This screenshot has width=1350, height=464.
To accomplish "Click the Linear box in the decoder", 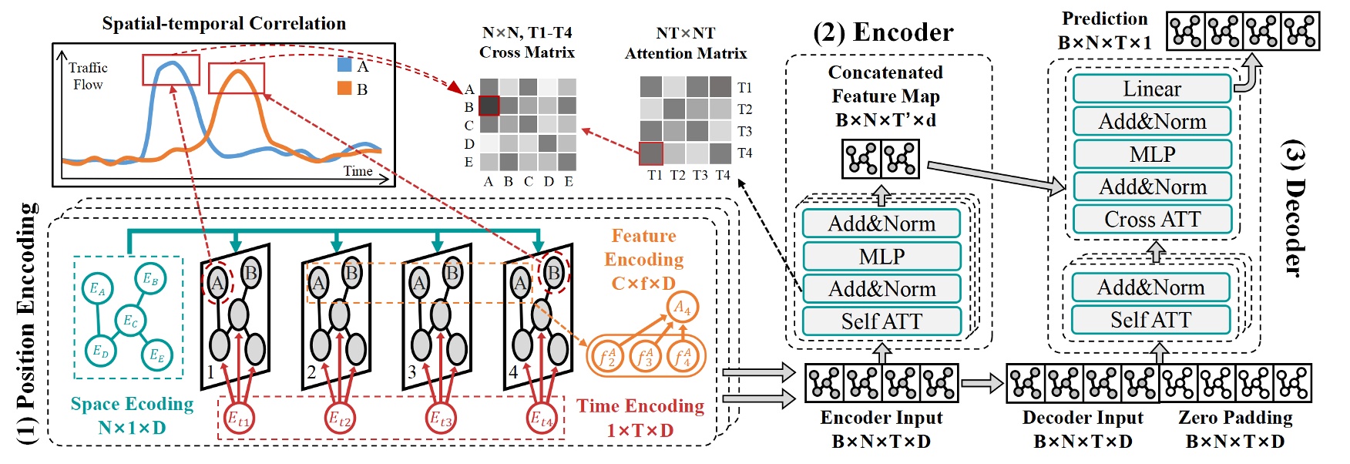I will [1151, 89].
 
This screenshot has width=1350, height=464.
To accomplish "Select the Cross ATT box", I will [1151, 220].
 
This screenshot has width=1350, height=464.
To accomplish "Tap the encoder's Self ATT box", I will [882, 321].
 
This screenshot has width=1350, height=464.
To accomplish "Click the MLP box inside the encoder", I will [882, 256].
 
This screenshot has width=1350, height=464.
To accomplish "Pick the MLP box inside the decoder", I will [1151, 154].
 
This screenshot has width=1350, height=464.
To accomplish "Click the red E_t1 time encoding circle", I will [238, 419].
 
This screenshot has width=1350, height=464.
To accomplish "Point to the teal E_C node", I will [130, 320].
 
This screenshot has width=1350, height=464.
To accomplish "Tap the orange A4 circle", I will [682, 308].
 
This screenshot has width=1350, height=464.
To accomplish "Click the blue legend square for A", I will [344, 65].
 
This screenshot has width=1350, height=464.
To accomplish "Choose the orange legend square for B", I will [344, 88].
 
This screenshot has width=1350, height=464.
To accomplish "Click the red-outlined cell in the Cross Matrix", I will [489, 106].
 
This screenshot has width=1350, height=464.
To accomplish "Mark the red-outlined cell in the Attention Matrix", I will [651, 153].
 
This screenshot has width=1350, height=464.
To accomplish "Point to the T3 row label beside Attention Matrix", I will [744, 131].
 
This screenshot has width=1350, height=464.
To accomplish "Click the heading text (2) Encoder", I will [883, 32].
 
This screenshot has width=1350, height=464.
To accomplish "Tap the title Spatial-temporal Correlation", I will [223, 24].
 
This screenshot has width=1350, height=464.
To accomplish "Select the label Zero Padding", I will [1234, 418].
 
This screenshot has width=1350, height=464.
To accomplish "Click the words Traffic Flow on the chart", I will [87, 76].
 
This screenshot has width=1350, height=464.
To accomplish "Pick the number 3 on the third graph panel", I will [411, 372].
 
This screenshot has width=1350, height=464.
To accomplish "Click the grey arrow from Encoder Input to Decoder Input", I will [982, 383].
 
